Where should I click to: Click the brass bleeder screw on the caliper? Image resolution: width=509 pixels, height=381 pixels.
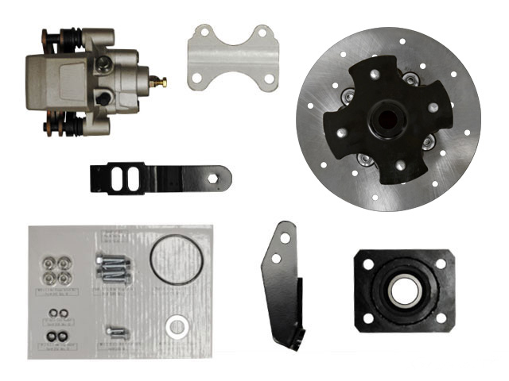pyautogui.click(x=162, y=81)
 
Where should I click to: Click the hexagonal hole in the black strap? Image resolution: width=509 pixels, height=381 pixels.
pyautogui.click(x=213, y=180)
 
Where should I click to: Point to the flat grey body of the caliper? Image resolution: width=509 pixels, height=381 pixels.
pyautogui.click(x=68, y=79)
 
